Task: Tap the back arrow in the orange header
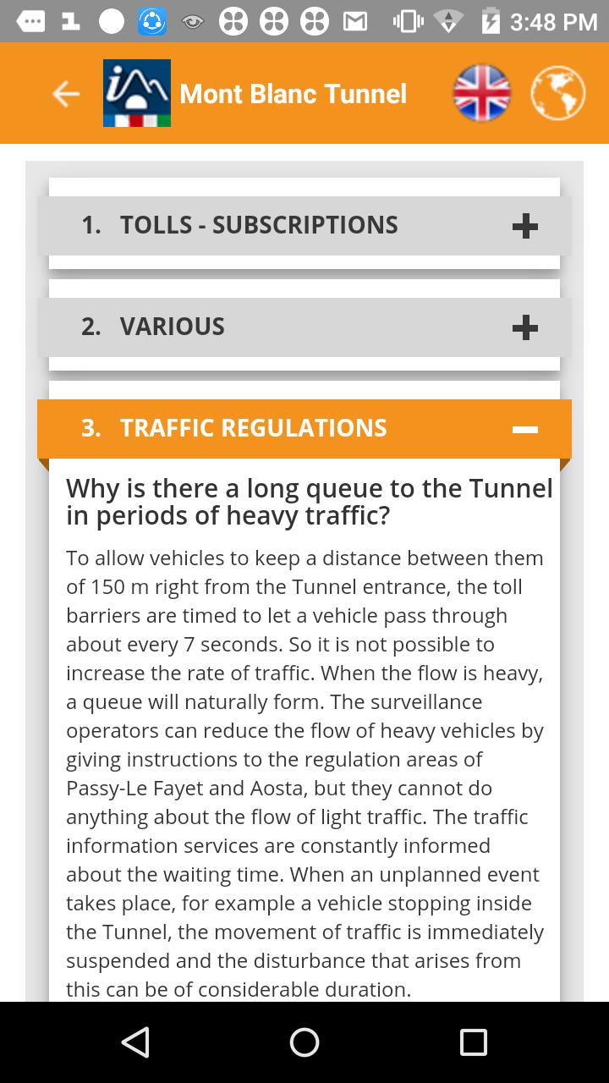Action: coord(66,94)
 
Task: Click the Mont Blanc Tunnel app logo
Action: coord(137,93)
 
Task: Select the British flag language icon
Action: coord(482,93)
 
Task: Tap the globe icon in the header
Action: coord(558,93)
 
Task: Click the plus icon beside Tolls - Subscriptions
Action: coord(525,226)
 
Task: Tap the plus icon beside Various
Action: coord(525,327)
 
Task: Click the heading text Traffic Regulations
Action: coord(253,428)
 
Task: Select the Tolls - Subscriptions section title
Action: coord(259,225)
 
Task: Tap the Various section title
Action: coord(173,327)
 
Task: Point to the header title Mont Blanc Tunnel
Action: coord(293,94)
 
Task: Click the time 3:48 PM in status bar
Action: coord(554,22)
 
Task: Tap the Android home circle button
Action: coord(304,1042)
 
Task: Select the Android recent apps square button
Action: coord(474,1042)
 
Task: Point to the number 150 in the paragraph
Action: coord(108,587)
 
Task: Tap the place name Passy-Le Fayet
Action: coord(135,789)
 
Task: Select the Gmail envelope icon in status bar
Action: coord(355,22)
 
